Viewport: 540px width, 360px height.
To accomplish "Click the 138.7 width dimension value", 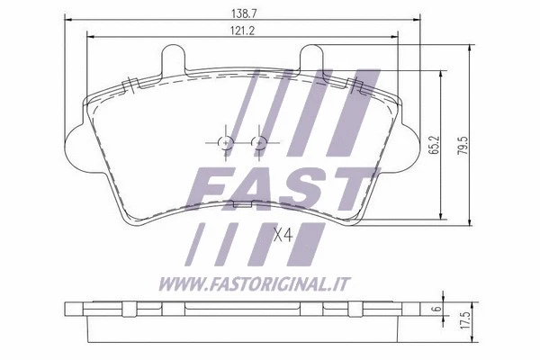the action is pos(244,13).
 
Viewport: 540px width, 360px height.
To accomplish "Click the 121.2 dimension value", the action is pos(242,31).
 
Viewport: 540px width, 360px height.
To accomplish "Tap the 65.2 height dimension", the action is pos(435,144).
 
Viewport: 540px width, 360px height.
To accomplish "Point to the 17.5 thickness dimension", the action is pos(465,320).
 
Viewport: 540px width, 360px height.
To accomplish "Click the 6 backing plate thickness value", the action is pos(437,308).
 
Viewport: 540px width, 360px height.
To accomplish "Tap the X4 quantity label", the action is pos(283,235).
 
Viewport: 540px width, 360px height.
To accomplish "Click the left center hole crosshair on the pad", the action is pos(226,142).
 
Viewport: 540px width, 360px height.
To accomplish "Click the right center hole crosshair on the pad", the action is pos(258,142).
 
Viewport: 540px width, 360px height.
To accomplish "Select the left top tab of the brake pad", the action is pos(173,58).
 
